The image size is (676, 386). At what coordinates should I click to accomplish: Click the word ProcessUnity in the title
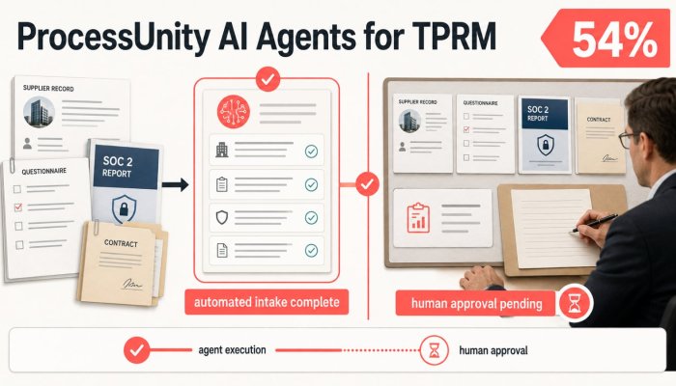114,38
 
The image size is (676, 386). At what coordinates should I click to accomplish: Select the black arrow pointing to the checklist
176,185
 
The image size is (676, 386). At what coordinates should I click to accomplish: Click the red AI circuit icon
234,112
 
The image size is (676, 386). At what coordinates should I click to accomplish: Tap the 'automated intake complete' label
267,301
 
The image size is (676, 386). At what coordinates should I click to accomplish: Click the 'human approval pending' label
476,303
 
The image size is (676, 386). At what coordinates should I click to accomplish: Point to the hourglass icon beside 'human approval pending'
575,303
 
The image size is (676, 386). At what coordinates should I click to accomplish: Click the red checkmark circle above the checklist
268,79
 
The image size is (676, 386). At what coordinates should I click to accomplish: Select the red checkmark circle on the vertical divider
367,184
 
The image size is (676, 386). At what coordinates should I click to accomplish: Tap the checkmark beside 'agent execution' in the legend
137,350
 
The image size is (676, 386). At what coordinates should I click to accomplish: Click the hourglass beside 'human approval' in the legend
434,350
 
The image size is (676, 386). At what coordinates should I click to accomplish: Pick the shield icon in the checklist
221,217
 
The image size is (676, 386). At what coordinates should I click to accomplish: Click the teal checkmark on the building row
311,152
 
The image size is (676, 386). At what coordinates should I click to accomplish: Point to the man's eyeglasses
628,140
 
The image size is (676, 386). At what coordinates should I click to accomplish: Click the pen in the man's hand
594,223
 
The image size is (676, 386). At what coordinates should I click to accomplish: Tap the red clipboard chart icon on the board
418,218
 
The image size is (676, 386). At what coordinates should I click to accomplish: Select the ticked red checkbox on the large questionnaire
18,207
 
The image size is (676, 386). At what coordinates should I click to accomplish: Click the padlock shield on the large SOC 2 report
124,209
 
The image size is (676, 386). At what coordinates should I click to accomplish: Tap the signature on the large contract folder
131,284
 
